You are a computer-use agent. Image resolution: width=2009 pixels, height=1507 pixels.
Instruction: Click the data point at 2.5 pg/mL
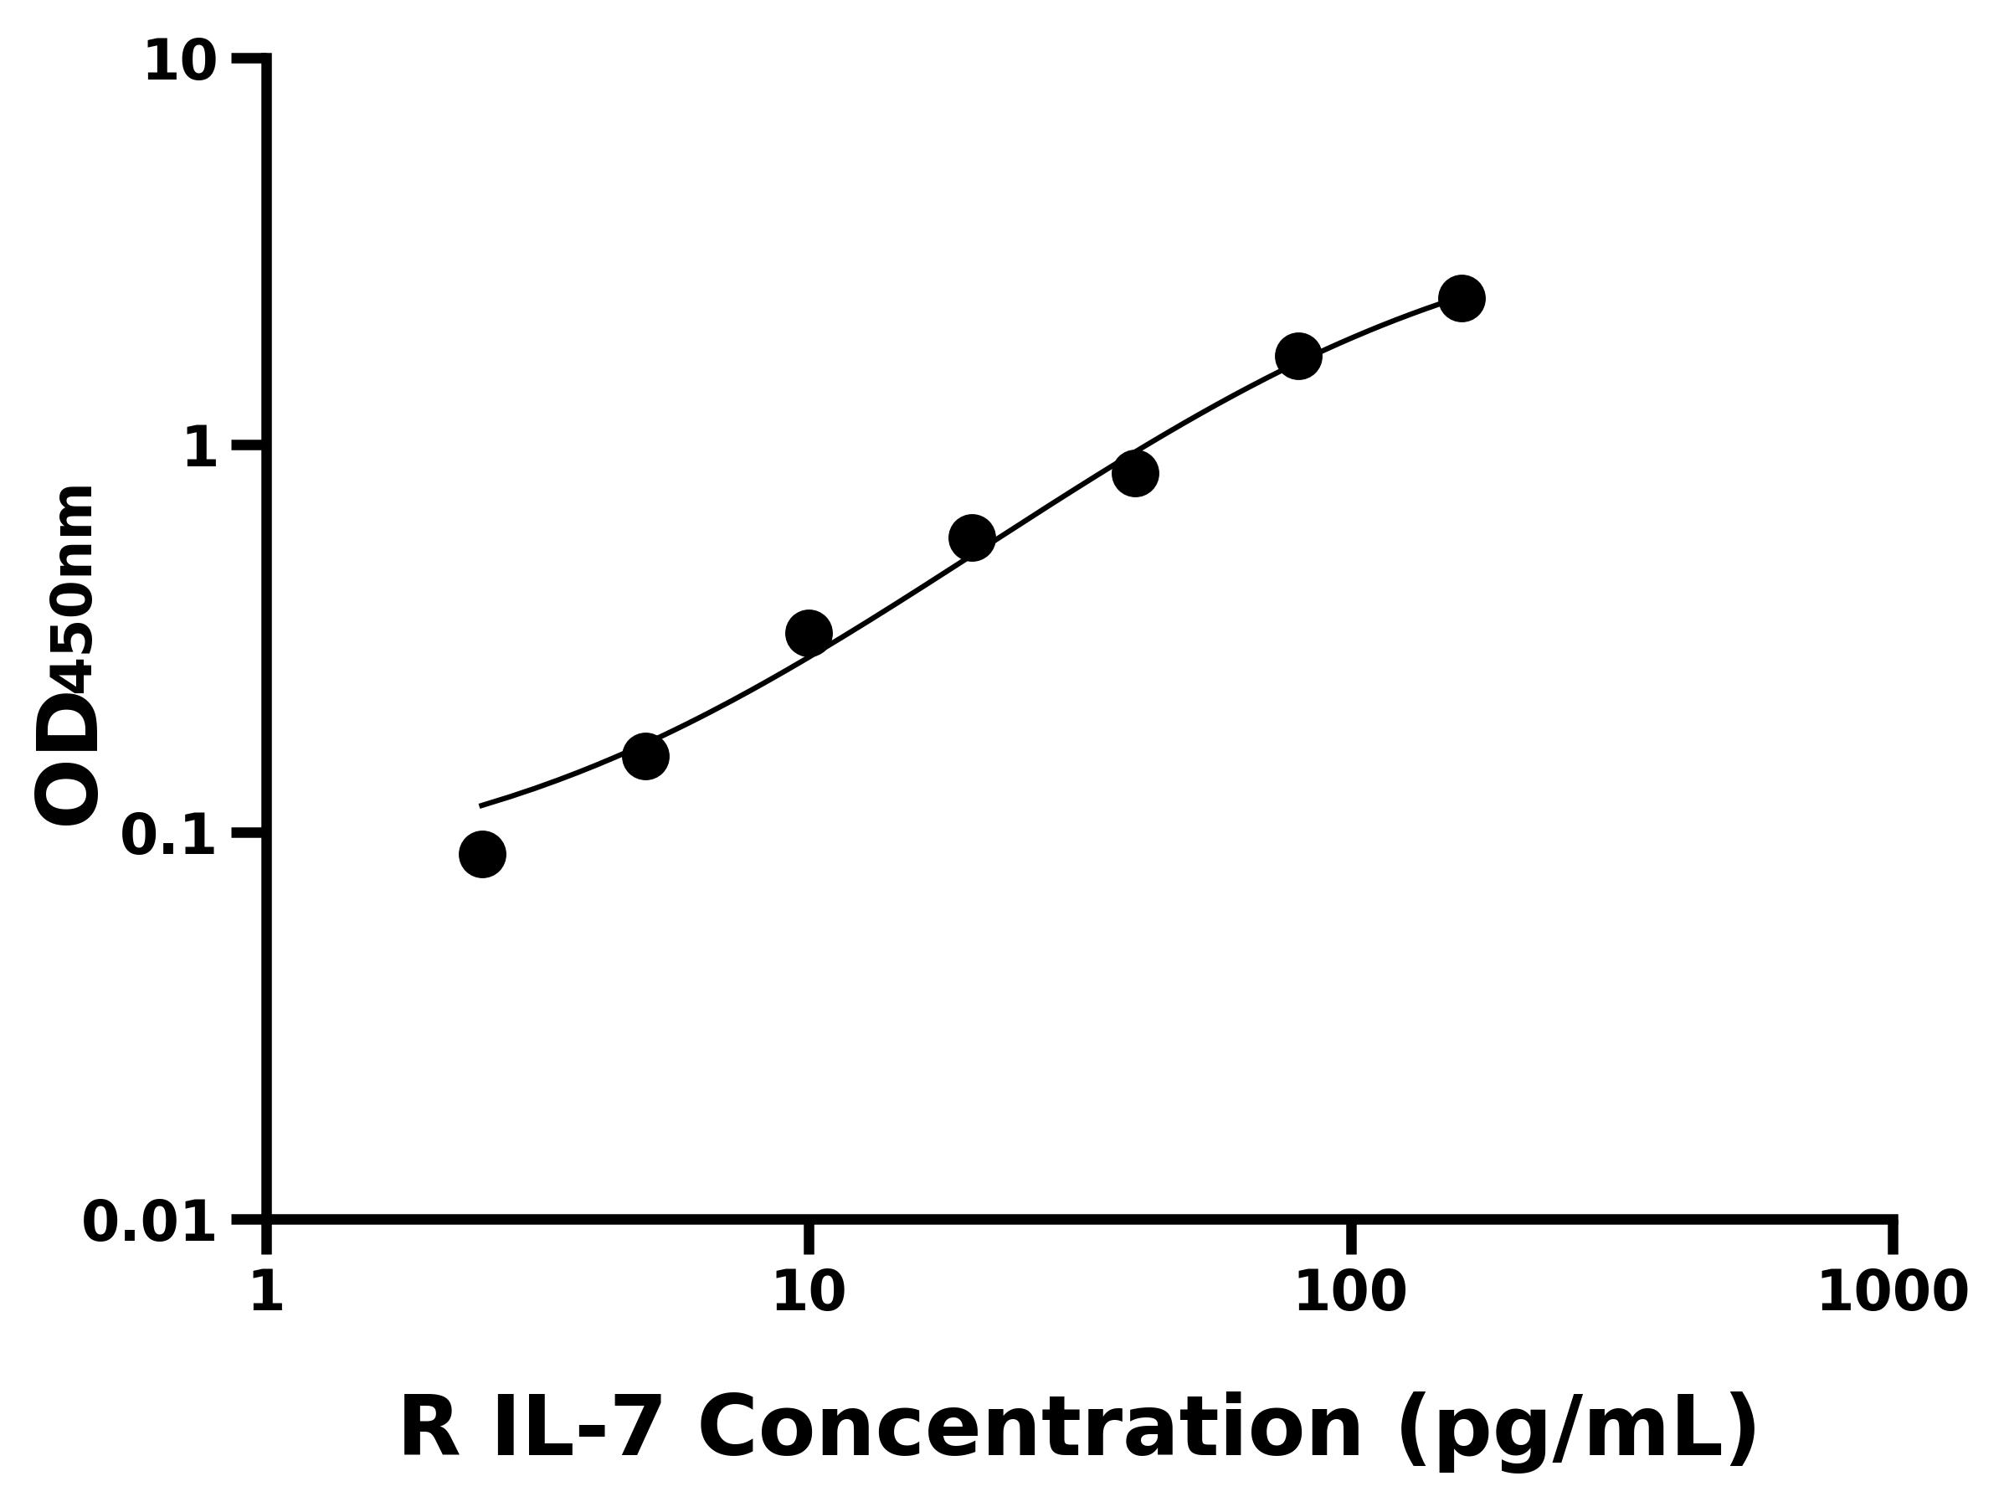(482, 854)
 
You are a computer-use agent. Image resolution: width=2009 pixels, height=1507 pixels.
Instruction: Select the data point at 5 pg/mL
(645, 756)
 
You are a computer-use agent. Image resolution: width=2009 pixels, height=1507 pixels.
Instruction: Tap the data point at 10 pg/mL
(809, 632)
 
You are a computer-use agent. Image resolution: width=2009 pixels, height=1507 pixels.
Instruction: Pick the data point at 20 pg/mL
(972, 537)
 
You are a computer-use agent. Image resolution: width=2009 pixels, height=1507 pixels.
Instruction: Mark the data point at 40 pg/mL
(1135, 473)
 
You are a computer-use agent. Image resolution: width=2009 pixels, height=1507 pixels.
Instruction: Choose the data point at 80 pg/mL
(1299, 356)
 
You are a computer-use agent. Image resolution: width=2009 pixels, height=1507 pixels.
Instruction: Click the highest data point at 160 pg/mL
(1462, 298)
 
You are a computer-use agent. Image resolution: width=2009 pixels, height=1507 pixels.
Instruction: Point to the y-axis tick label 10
(181, 64)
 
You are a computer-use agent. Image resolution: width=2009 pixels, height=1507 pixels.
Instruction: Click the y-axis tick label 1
(201, 449)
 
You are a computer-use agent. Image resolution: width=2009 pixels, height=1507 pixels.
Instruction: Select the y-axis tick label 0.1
(169, 836)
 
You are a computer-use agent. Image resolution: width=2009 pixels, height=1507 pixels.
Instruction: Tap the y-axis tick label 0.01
(150, 1222)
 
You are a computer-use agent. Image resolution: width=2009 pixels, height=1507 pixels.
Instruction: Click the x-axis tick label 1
(267, 1292)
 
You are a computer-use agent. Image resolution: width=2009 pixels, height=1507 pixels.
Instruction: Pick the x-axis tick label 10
(809, 1292)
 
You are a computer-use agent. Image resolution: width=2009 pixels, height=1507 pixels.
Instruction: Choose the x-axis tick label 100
(1350, 1292)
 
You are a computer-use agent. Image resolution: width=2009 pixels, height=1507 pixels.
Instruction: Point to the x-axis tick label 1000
(1893, 1292)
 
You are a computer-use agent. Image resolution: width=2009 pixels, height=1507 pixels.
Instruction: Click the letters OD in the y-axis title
(65, 761)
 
